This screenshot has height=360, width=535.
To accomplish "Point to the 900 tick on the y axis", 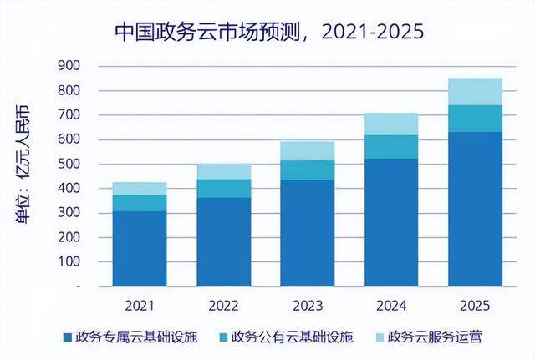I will (69, 66).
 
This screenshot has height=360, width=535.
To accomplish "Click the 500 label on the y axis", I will (69, 164).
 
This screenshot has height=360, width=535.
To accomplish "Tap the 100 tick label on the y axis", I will (69, 261).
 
